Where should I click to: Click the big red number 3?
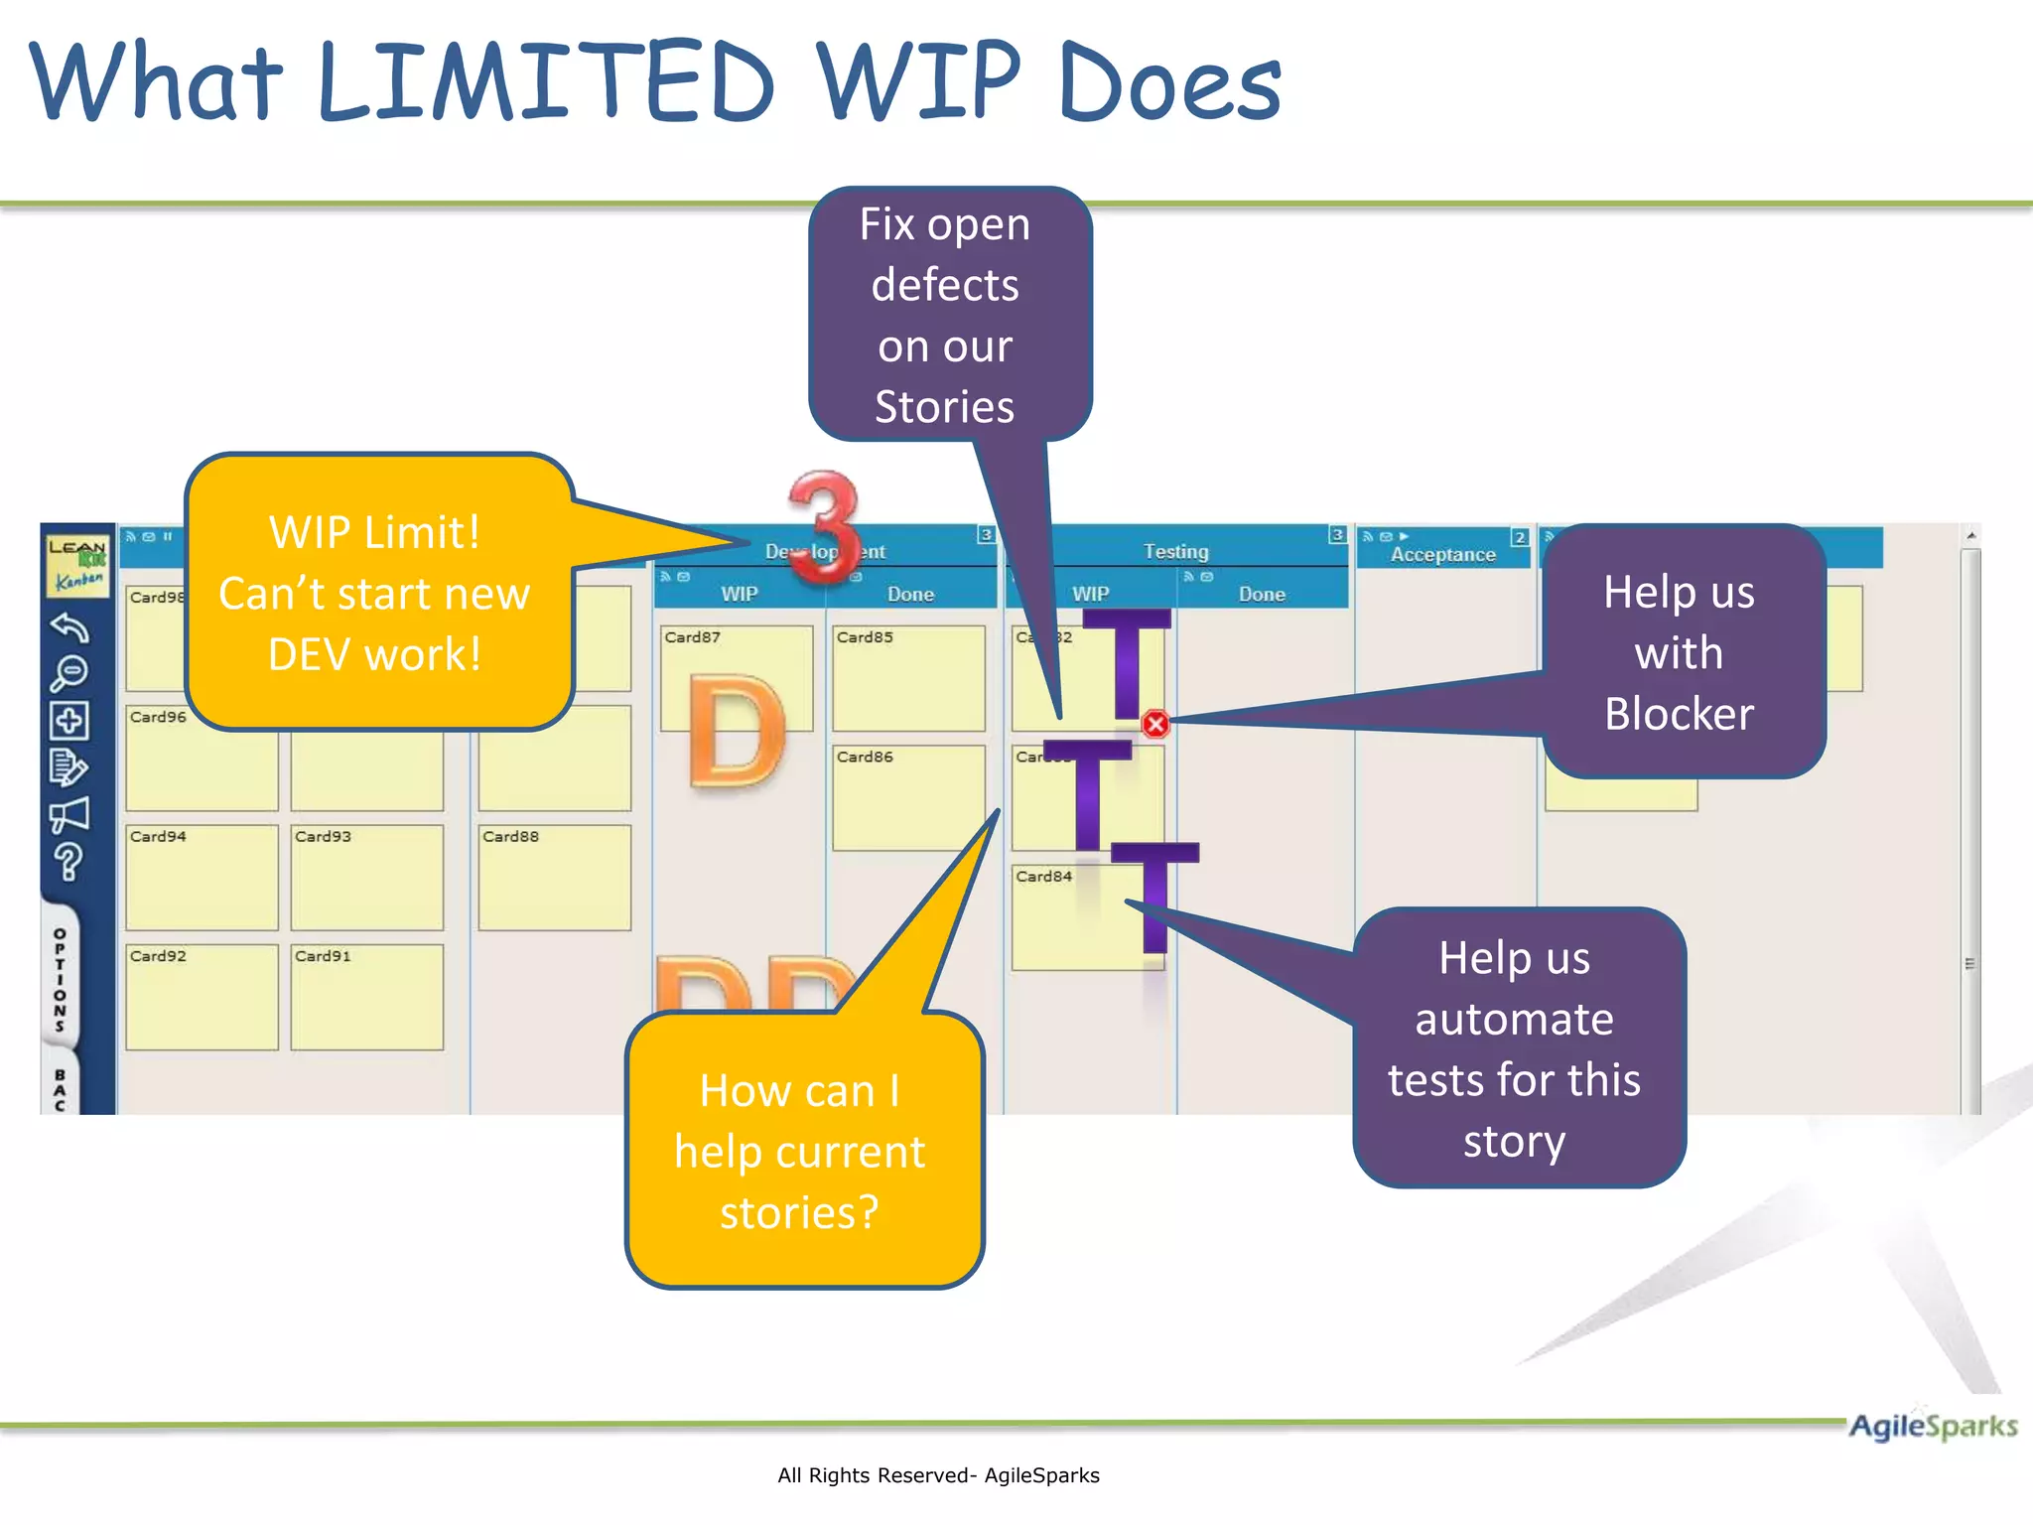tap(824, 526)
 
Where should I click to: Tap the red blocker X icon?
tap(1154, 724)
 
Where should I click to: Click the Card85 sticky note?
tap(908, 678)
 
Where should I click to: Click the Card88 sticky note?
tap(554, 878)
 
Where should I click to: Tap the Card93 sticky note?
tap(366, 878)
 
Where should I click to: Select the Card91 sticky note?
tap(366, 997)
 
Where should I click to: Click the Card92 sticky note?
tap(202, 997)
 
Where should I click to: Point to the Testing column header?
tap(1175, 551)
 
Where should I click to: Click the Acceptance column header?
tap(1442, 554)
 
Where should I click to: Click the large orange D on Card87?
tap(737, 735)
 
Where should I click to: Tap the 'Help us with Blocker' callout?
tap(1680, 652)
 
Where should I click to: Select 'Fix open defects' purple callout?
tap(945, 315)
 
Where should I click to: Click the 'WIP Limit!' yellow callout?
tap(375, 593)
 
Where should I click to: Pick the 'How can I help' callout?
tap(800, 1152)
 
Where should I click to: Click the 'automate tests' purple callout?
tap(1515, 1048)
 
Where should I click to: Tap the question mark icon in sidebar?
tap(68, 862)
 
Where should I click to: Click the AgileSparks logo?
tap(1932, 1427)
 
